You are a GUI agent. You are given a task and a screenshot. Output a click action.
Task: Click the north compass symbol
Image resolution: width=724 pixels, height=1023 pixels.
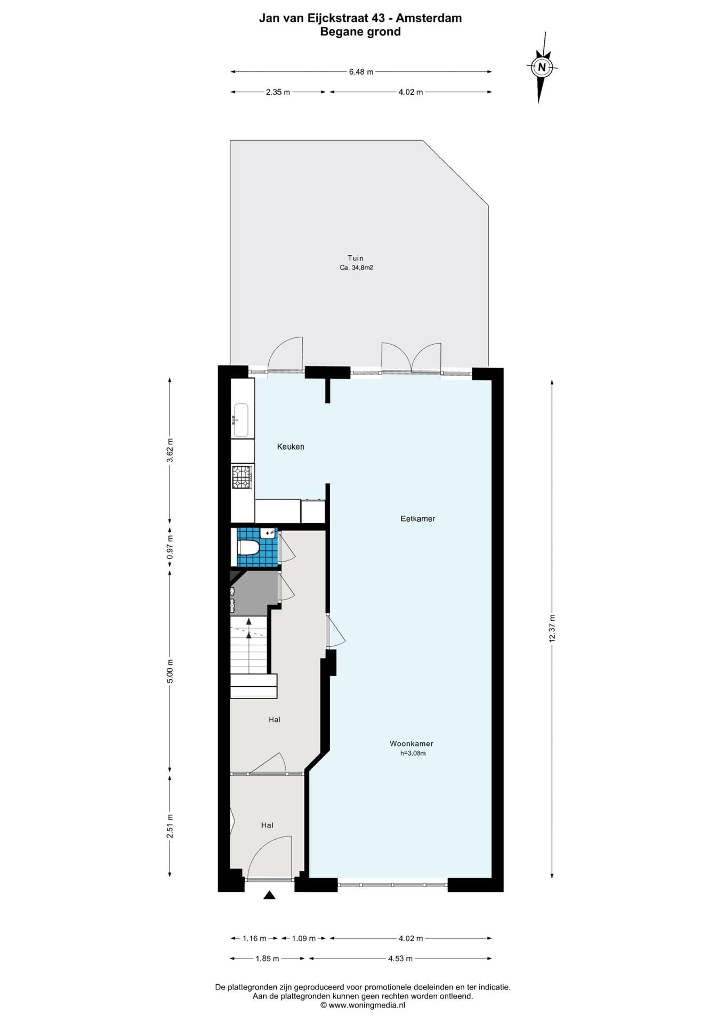(542, 67)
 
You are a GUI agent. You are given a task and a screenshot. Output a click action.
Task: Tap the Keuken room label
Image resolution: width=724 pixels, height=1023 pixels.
(291, 446)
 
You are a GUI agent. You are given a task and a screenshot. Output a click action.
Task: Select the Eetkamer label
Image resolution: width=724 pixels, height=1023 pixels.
(418, 518)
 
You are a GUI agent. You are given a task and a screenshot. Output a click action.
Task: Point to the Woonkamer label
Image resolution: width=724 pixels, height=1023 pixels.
(412, 743)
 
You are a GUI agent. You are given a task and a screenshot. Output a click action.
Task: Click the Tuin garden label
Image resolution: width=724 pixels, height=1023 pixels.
(356, 258)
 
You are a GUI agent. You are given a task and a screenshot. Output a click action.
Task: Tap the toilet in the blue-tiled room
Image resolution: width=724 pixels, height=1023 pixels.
(248, 548)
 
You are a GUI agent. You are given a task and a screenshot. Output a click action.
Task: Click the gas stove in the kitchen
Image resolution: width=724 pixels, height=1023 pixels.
(242, 477)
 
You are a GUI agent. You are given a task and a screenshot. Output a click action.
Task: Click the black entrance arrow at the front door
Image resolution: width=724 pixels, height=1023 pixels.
(269, 895)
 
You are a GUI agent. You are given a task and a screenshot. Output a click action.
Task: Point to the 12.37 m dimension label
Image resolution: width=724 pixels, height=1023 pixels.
(552, 629)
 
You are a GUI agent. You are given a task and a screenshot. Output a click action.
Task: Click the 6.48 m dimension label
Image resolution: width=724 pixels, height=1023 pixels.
(361, 72)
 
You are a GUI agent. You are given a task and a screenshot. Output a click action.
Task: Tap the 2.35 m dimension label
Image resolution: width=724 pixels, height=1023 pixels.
(278, 92)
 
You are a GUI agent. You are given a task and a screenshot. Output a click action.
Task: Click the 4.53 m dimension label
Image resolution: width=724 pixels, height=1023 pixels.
(400, 959)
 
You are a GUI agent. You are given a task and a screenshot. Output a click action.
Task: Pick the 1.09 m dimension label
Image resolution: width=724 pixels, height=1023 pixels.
(304, 938)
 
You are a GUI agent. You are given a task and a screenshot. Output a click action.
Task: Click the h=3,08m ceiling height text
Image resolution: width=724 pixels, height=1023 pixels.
(413, 753)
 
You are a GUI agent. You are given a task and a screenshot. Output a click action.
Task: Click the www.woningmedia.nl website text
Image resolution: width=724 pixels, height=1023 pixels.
(367, 1005)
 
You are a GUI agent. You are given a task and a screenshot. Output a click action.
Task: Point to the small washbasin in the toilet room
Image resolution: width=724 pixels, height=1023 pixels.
(269, 532)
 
